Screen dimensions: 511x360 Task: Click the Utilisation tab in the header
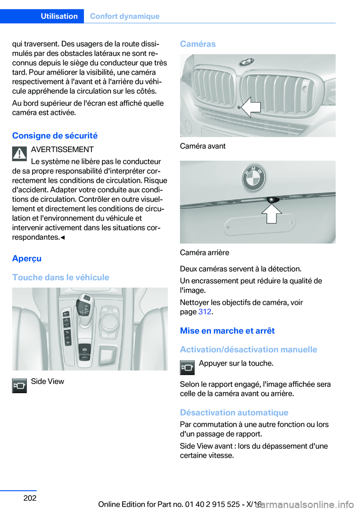pyautogui.click(x=59, y=16)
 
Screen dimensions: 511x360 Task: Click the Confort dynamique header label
pyautogui.click(x=124, y=16)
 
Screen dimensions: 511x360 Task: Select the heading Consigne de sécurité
pyautogui.click(x=55, y=135)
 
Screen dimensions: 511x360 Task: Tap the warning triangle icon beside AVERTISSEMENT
pyautogui.click(x=19, y=154)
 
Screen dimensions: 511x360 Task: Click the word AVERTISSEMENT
pyautogui.click(x=62, y=149)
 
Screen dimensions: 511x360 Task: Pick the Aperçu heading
pyautogui.click(x=27, y=259)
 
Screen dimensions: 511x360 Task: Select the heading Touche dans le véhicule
pyautogui.click(x=60, y=277)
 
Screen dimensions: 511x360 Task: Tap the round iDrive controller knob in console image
pyautogui.click(x=109, y=322)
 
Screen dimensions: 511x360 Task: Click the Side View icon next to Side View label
pyautogui.click(x=19, y=385)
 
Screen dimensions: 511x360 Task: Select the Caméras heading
pyautogui.click(x=198, y=44)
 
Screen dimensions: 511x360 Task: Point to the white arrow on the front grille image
pyautogui.click(x=250, y=107)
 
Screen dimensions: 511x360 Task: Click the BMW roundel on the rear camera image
pyautogui.click(x=254, y=178)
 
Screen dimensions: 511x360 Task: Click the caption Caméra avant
pyautogui.click(x=202, y=146)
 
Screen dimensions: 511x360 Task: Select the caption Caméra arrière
pyautogui.click(x=204, y=252)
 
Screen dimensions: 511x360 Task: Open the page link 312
pyautogui.click(x=205, y=312)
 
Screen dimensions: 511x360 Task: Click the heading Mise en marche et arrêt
pyautogui.click(x=227, y=331)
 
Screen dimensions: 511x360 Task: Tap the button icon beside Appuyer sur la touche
pyautogui.click(x=187, y=367)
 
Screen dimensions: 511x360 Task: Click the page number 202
pyautogui.click(x=30, y=498)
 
